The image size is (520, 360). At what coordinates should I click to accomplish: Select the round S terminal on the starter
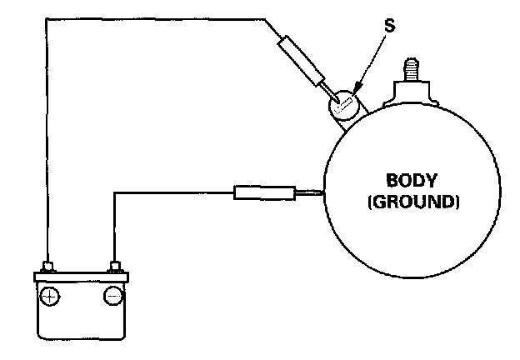pos(342,106)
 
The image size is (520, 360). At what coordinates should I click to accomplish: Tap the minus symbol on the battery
pos(112,297)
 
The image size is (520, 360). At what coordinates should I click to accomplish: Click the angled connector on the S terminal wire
pos(303,59)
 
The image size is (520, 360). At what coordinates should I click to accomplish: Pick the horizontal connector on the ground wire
pos(263,193)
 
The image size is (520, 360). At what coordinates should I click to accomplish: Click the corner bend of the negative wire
pos(113,193)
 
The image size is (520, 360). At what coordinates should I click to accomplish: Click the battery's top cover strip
pos(82,276)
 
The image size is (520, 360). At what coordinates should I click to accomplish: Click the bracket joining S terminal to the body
pos(342,125)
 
